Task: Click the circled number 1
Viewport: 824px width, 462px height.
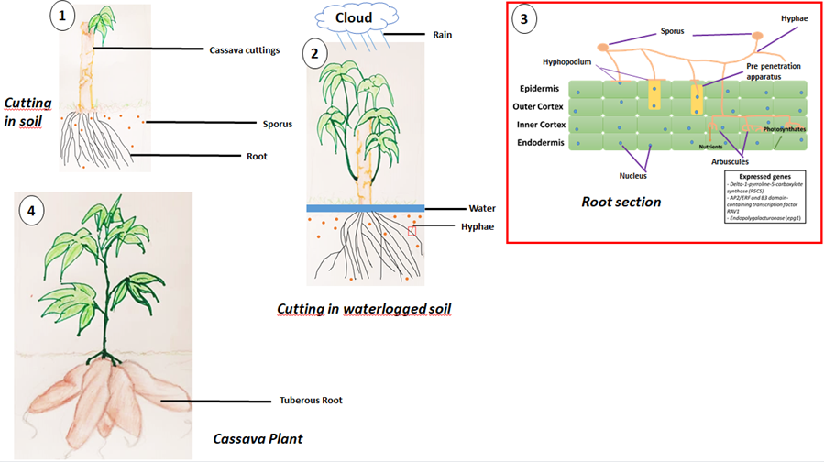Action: pos(61,17)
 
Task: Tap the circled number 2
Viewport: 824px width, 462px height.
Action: pos(315,53)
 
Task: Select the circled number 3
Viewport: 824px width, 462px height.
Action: pos(524,21)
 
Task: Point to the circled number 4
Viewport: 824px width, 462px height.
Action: pos(32,212)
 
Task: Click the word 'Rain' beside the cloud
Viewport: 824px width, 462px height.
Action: pos(443,35)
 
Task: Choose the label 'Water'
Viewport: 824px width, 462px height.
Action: pos(483,208)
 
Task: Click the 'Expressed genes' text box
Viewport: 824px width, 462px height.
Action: pos(765,196)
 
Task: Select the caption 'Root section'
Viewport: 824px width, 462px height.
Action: pos(621,202)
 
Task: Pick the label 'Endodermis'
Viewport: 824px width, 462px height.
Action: pos(542,142)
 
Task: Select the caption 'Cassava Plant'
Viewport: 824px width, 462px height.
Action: pos(258,439)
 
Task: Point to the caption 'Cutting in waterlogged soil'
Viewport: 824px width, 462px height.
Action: pos(366,310)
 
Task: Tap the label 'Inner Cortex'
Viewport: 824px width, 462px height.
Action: pos(541,124)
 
